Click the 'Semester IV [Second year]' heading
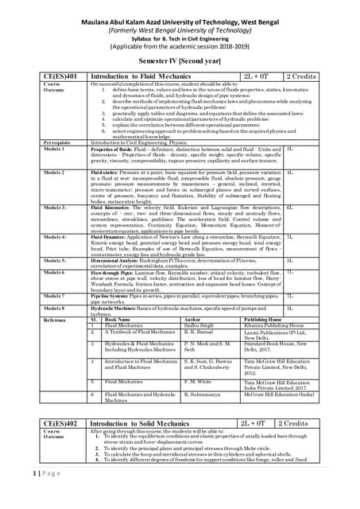click(x=180, y=60)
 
